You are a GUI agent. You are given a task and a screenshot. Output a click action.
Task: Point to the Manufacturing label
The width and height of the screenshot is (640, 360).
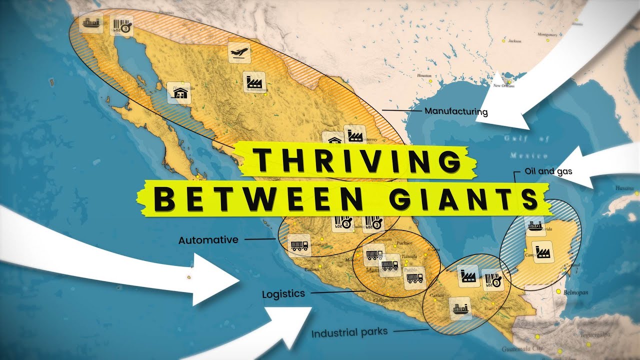click(455, 111)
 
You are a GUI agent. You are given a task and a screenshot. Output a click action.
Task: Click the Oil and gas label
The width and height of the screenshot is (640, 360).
click(548, 171)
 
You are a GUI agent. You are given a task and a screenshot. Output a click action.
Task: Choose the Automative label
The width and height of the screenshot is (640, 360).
click(208, 240)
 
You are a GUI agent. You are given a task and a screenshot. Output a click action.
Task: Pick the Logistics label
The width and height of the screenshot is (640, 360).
click(283, 294)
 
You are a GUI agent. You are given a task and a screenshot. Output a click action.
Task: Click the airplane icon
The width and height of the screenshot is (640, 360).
click(239, 52)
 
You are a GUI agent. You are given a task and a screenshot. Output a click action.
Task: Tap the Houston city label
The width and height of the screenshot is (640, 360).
click(423, 75)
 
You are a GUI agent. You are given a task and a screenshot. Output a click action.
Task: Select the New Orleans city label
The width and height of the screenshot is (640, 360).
click(503, 86)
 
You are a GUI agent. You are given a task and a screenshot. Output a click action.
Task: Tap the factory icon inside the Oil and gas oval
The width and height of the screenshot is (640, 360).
click(543, 251)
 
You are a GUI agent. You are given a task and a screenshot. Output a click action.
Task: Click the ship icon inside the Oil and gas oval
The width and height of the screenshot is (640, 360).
click(534, 226)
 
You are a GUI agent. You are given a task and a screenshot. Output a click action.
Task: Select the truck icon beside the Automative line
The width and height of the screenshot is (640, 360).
click(299, 245)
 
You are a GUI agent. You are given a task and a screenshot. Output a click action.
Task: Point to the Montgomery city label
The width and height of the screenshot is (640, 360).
click(546, 35)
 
